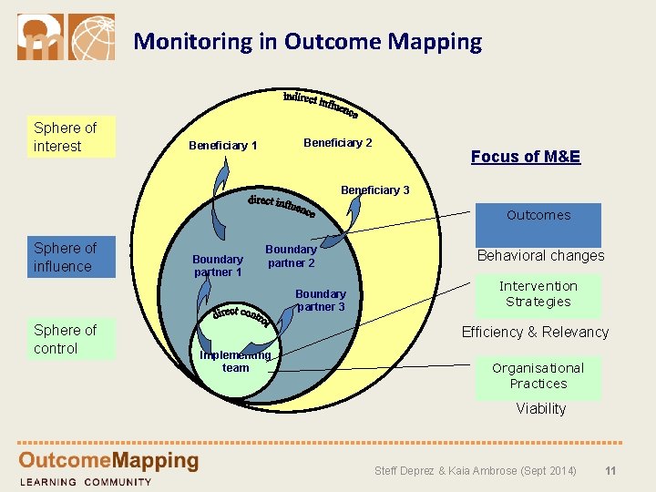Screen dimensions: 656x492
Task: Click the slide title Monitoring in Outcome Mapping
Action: tap(307, 41)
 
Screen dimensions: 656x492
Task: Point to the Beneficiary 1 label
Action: tap(222, 146)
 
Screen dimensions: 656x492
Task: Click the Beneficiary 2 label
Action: tap(337, 143)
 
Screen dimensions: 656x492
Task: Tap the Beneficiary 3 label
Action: tap(374, 190)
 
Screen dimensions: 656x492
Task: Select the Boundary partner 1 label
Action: tap(218, 265)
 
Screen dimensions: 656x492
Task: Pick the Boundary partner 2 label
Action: tap(291, 256)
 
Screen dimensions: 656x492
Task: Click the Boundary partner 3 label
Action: tap(320, 301)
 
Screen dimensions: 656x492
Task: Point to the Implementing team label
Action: tap(235, 362)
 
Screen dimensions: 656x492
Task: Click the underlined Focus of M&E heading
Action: tap(525, 157)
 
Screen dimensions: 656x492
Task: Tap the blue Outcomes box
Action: tap(538, 224)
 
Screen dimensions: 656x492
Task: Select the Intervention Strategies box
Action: tap(538, 294)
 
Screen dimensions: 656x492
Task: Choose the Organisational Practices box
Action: tap(538, 376)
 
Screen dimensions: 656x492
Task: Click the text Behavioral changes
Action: tap(540, 256)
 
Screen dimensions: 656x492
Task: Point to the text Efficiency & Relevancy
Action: tap(535, 332)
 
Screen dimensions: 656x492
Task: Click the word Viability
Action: tap(540, 409)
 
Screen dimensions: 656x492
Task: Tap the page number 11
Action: tap(610, 471)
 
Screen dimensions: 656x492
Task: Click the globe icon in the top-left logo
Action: tap(92, 37)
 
